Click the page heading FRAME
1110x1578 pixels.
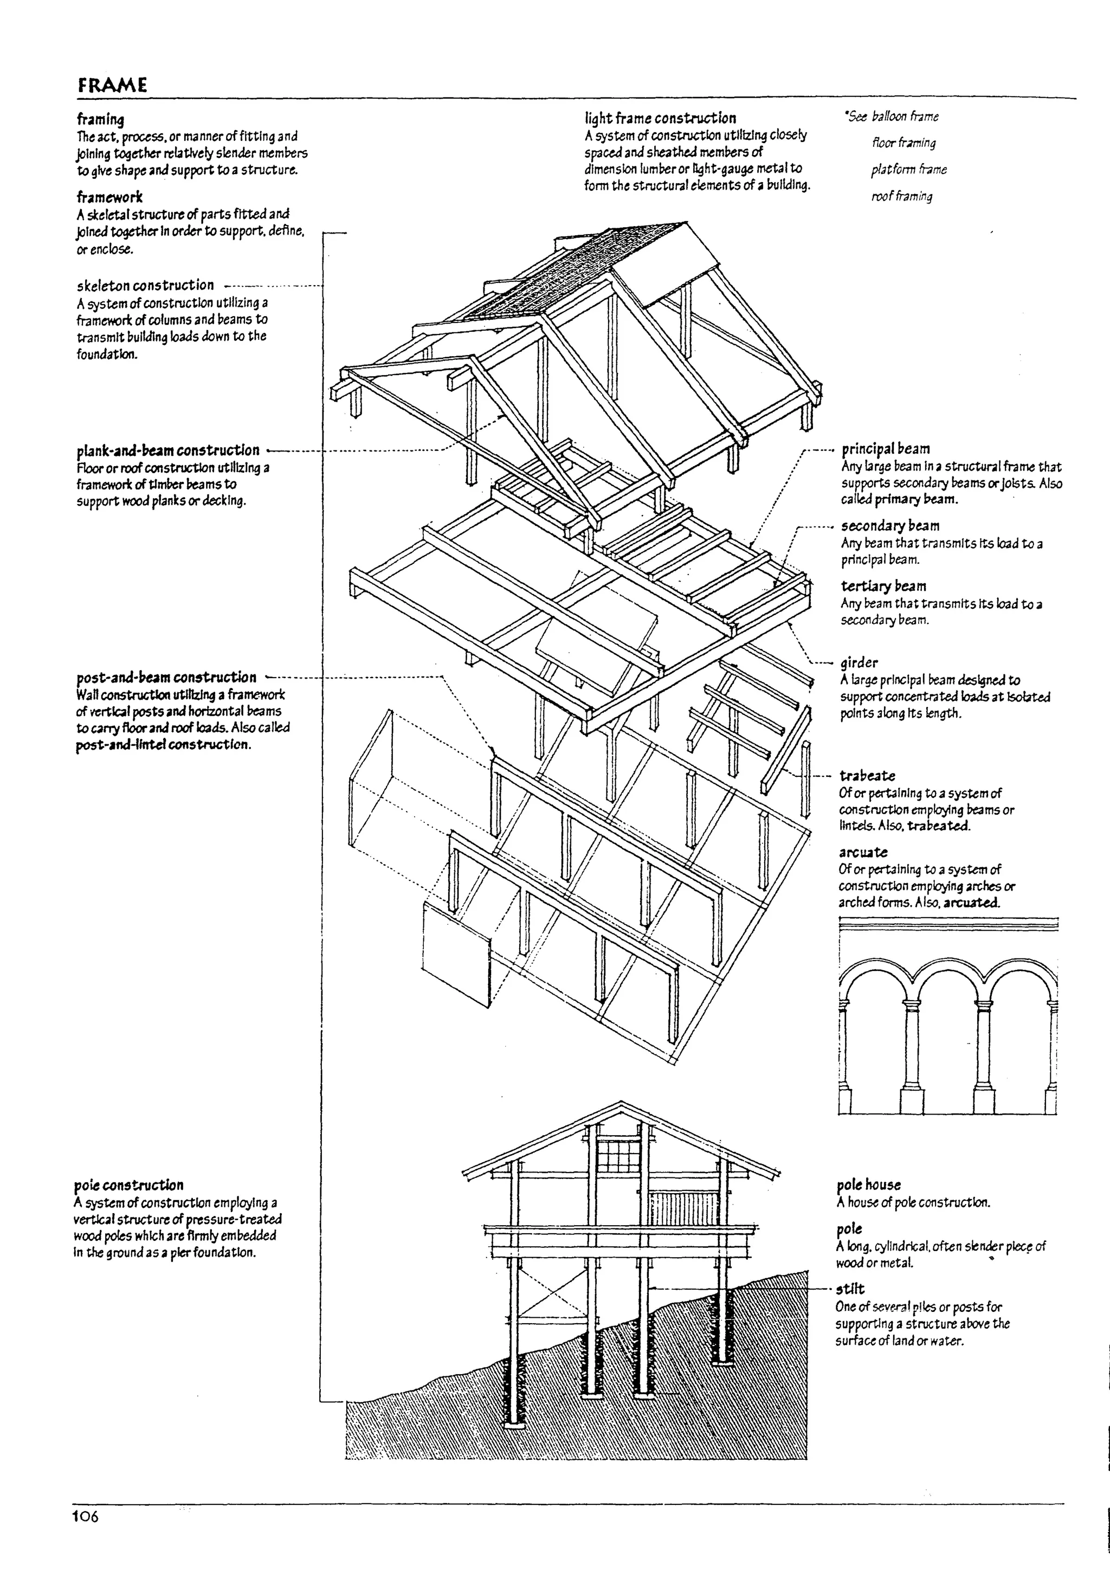click(x=112, y=85)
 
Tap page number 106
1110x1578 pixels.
click(x=86, y=1516)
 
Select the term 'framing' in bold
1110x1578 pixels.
click(x=100, y=120)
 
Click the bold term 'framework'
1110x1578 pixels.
click(x=109, y=197)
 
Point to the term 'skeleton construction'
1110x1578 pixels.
click(x=145, y=285)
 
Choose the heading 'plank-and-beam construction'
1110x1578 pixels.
click(x=167, y=451)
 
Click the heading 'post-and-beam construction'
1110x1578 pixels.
click(x=166, y=678)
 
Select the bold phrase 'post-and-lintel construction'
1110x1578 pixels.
click(x=162, y=745)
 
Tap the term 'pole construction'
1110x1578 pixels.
click(x=128, y=1185)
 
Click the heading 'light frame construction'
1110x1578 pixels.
click(x=660, y=118)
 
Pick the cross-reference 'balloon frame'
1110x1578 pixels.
click(x=905, y=117)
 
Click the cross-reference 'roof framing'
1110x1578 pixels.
click(x=902, y=197)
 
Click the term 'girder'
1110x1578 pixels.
click(x=859, y=662)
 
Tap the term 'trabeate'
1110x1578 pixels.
click(x=867, y=776)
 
